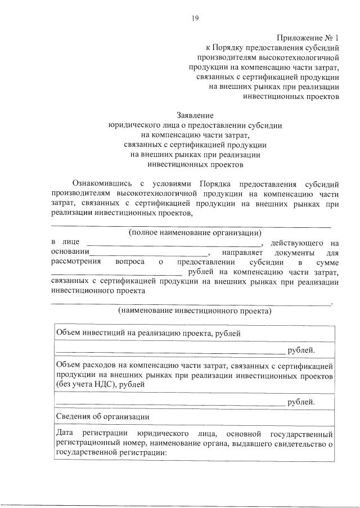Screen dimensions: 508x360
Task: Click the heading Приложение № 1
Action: point(308,38)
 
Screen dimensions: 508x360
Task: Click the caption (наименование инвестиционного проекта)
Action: point(195,311)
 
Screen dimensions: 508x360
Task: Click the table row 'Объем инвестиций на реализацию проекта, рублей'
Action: point(148,333)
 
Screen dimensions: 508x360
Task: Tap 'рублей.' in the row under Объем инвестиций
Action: point(301,350)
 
